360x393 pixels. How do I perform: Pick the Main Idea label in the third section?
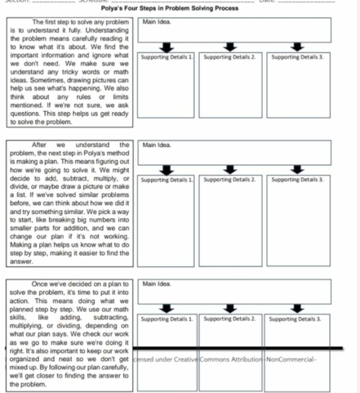pyautogui.click(x=154, y=285)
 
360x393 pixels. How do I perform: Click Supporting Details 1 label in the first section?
pyautogui.click(x=167, y=58)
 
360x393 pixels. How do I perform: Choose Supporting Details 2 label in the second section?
pyautogui.click(x=231, y=178)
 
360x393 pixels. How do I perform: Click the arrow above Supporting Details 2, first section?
pyautogui.click(x=232, y=47)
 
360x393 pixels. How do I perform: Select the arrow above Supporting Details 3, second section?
pyautogui.click(x=298, y=167)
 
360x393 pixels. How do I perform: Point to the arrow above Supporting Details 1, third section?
pyautogui.click(x=167, y=309)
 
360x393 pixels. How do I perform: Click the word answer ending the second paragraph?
pyautogui.click(x=20, y=262)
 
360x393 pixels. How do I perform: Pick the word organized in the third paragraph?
pyautogui.click(x=24, y=358)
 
